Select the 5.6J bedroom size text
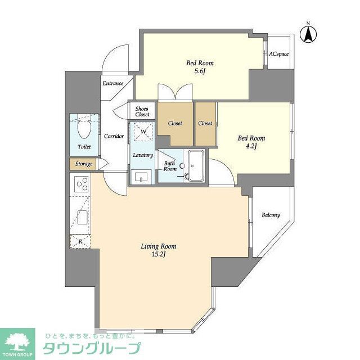click(200, 71)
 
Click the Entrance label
click(112, 84)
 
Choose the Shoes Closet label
click(142, 111)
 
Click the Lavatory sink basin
click(140, 177)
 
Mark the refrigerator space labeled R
click(80, 241)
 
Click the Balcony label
click(270, 215)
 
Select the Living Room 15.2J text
click(158, 250)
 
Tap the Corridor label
click(114, 136)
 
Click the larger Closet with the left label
click(175, 123)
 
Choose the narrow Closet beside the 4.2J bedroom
click(205, 123)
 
